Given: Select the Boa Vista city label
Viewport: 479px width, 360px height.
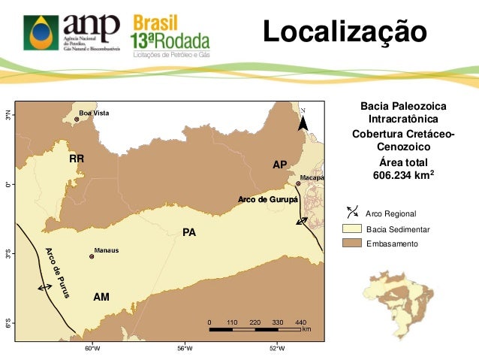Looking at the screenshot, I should click(x=95, y=113).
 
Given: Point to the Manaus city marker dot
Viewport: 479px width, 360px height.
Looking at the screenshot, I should click(x=92, y=256).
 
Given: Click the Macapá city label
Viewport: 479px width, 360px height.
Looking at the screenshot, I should click(x=312, y=177).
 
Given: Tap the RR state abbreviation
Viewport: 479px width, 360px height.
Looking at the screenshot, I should click(x=77, y=160).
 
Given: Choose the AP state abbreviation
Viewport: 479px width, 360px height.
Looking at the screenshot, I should click(x=280, y=164).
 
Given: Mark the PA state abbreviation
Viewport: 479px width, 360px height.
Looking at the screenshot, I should click(x=189, y=233).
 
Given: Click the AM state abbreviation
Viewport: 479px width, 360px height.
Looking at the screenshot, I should click(x=101, y=298).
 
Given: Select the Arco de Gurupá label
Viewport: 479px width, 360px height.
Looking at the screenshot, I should click(x=268, y=199).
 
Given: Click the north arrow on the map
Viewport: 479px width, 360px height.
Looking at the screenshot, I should click(x=303, y=120).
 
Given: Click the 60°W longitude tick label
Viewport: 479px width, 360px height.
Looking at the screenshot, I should click(x=92, y=348).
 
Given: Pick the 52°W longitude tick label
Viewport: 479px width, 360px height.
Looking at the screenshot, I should click(x=277, y=348).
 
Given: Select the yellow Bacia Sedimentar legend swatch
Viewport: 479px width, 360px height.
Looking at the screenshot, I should click(x=352, y=228).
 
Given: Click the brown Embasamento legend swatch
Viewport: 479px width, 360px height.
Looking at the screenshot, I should click(x=352, y=244).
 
